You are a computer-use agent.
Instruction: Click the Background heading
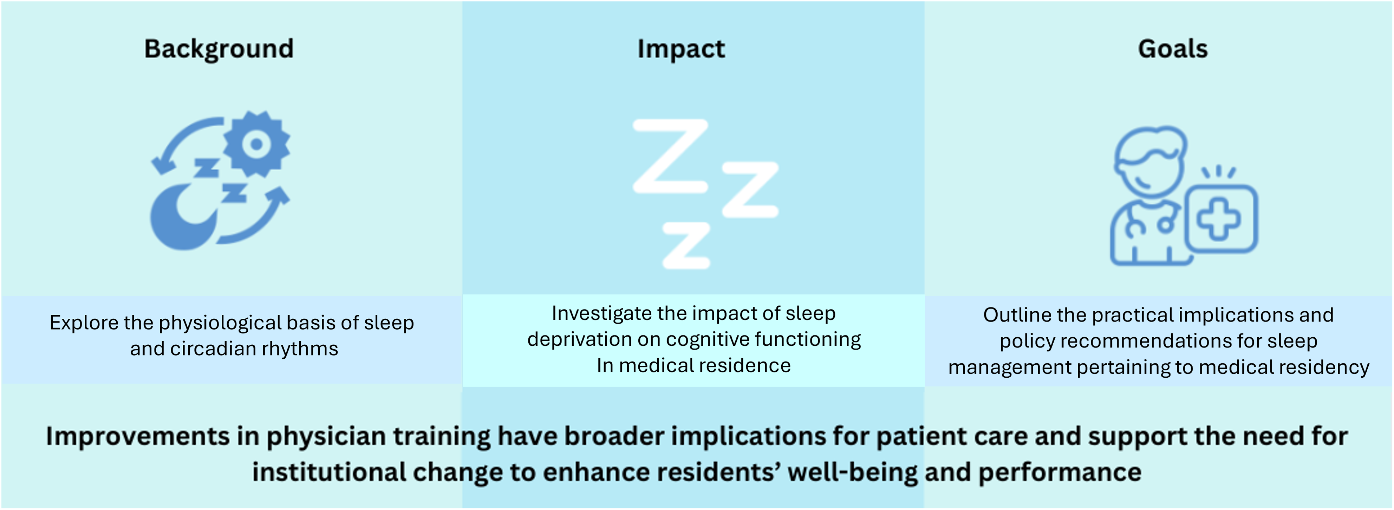coord(219,49)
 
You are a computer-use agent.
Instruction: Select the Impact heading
coord(681,49)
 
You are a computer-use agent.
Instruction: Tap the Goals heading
coord(1173,49)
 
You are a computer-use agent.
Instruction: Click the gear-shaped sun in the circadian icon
coord(256,144)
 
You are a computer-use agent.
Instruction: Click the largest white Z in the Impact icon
coord(671,156)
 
